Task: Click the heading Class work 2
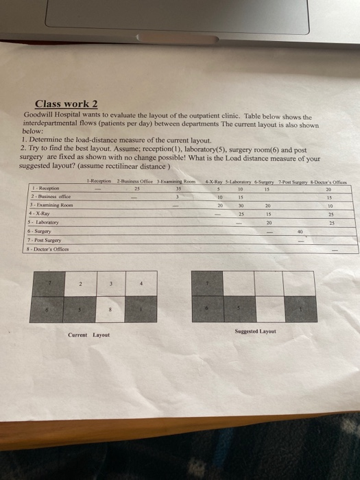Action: pos(71,104)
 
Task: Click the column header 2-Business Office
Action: pos(135,180)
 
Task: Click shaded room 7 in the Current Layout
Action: pos(49,283)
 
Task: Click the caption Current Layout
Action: pos(89,335)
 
